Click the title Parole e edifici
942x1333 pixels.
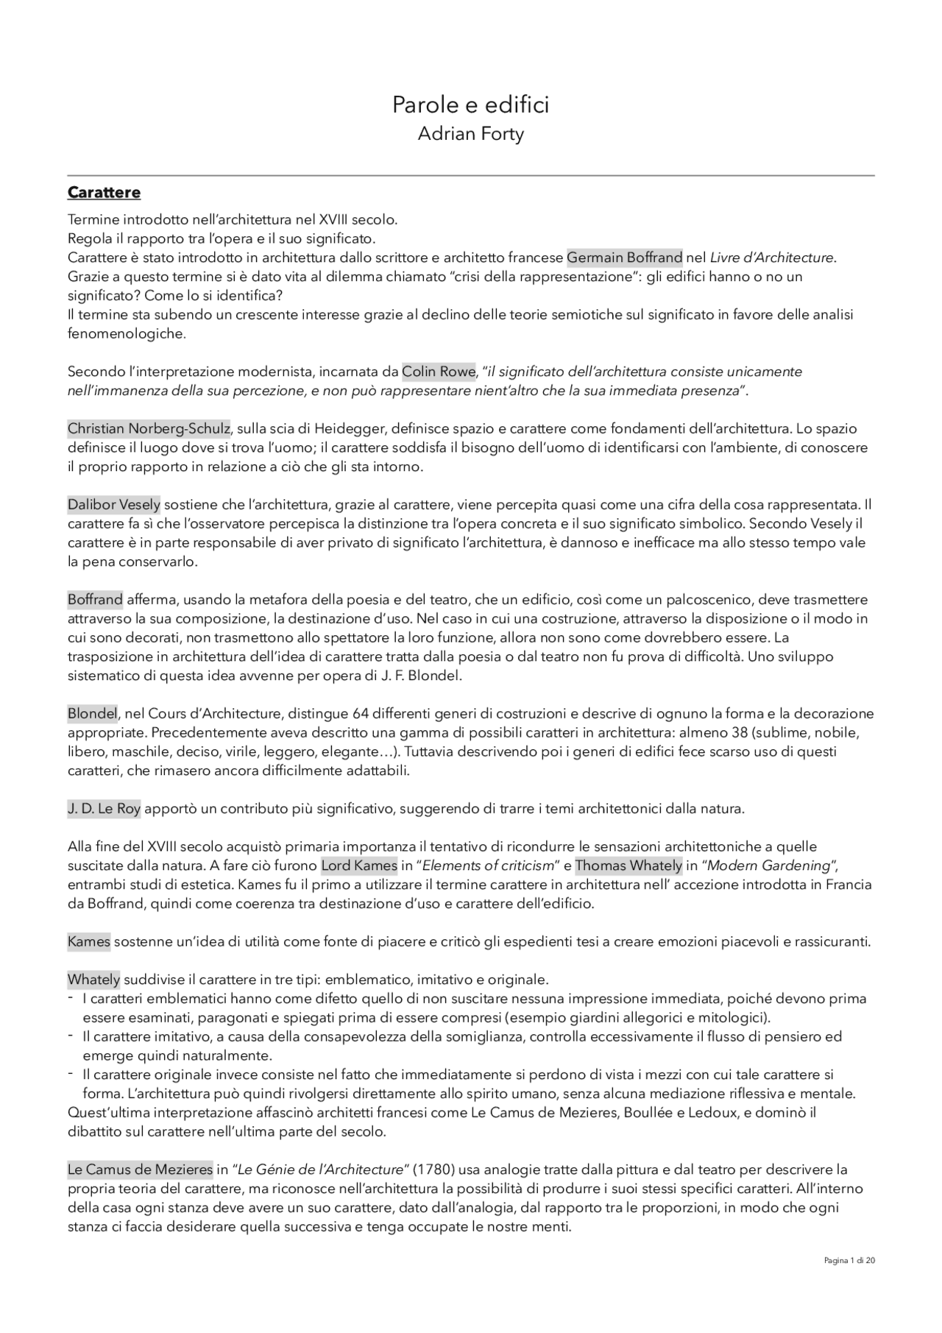[470, 105]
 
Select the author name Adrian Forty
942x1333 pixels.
[470, 134]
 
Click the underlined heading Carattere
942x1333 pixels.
[104, 193]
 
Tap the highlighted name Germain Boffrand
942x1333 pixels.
[624, 258]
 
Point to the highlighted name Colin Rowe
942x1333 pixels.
[439, 372]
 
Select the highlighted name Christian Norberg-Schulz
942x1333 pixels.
[149, 428]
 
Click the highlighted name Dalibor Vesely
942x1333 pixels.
[114, 505]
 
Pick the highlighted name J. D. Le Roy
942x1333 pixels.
[104, 809]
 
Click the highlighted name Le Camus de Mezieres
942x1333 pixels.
[140, 1170]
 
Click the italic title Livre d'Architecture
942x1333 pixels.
[772, 258]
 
